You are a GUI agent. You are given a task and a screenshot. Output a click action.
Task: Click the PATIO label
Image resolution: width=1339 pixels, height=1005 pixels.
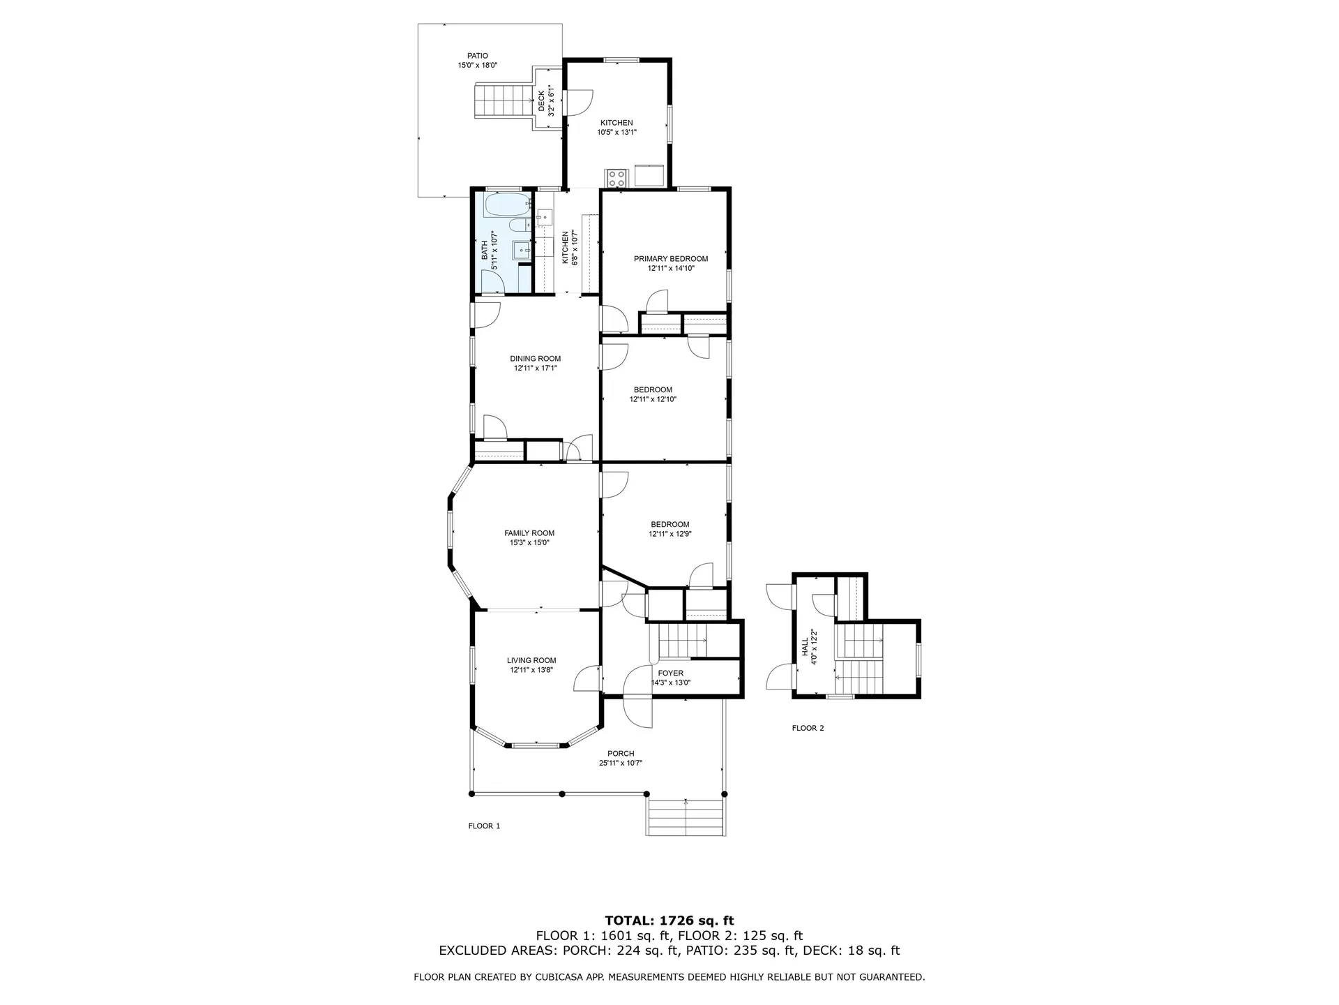478,56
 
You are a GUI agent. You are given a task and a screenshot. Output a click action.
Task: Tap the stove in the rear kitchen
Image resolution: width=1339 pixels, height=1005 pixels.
616,177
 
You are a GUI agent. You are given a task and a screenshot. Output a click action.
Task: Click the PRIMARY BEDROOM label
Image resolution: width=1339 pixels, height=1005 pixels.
670,259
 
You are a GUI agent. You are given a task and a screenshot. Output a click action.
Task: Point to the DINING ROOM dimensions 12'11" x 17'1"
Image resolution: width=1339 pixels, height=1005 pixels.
535,368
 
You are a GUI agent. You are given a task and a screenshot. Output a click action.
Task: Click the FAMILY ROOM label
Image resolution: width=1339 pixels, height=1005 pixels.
529,533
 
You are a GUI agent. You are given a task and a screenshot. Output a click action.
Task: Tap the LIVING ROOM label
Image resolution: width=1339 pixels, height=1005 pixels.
531,660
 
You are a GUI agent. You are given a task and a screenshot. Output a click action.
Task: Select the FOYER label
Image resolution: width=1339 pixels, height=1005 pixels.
670,673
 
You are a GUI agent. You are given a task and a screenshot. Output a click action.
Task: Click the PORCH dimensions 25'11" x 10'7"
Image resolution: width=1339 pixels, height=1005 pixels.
620,764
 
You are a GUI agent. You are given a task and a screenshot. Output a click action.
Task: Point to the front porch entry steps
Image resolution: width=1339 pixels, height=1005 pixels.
686,817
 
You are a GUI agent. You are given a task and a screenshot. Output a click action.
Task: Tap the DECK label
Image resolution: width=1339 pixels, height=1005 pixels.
542,101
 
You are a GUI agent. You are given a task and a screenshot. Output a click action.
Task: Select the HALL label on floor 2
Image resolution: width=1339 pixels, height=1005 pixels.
805,646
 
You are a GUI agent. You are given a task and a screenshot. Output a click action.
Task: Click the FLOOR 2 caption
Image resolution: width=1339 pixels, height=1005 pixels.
808,728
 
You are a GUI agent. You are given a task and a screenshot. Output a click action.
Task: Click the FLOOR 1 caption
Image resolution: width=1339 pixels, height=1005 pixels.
484,826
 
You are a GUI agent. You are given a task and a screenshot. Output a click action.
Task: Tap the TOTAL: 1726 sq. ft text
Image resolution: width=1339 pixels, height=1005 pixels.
669,921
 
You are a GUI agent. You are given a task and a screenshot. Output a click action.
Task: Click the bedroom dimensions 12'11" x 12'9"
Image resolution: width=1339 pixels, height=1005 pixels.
669,534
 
